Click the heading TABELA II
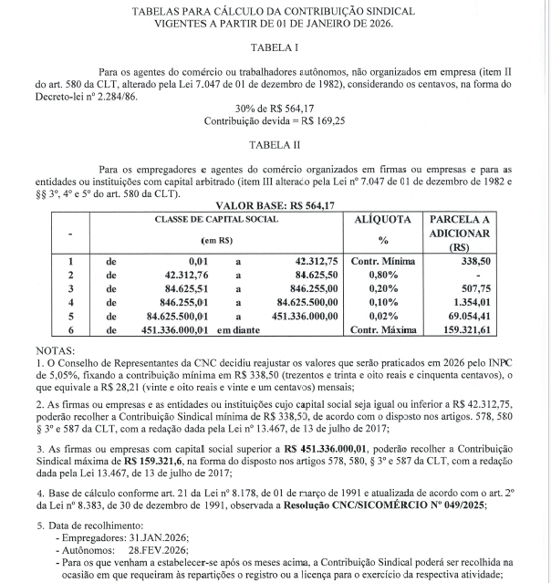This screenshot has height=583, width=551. pos(275,144)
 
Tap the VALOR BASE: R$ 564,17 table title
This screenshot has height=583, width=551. pos(275,207)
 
